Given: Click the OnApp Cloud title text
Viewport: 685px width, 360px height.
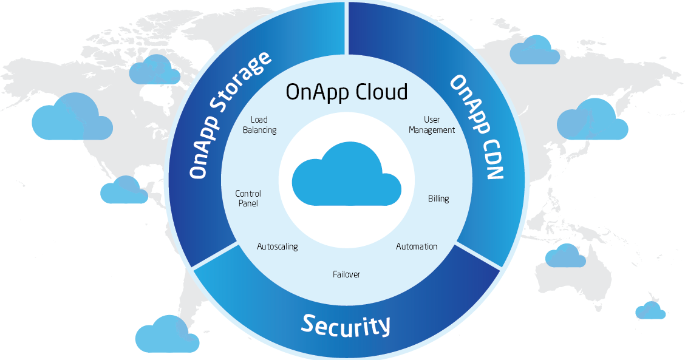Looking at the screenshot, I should click(347, 92).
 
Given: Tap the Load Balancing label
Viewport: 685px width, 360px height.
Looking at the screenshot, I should click(259, 125).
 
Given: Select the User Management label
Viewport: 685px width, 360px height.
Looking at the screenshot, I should click(432, 125).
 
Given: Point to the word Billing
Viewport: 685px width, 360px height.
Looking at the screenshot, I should click(438, 199).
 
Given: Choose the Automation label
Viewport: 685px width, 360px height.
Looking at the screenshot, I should click(417, 246).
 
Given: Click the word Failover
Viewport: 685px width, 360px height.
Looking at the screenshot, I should click(346, 274).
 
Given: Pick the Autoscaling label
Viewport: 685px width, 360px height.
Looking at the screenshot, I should click(277, 247).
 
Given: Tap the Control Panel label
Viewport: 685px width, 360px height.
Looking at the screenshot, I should click(248, 199).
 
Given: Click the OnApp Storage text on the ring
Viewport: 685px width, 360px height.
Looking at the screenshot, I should click(229, 115).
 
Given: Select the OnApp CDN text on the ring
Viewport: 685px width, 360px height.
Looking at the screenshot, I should click(476, 128).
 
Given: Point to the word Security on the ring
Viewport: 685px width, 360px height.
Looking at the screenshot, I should click(346, 325).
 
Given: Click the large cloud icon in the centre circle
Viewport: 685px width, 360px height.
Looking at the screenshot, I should click(346, 176).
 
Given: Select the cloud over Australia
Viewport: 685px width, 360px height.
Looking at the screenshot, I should click(565, 256).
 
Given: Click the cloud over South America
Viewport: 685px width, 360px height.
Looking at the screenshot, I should click(166, 335).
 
